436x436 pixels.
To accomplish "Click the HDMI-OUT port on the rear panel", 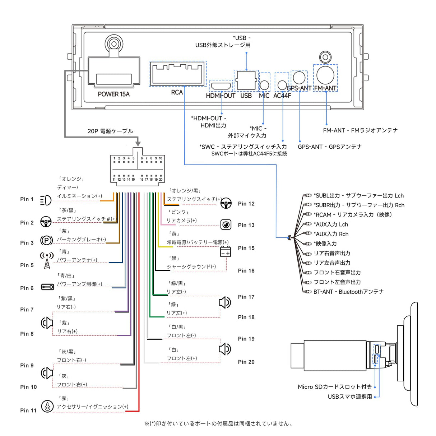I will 221,86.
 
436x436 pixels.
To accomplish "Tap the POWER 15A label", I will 113,94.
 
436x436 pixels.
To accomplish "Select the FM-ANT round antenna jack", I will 325,75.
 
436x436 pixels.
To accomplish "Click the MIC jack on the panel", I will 264,85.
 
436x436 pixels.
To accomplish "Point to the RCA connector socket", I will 178,74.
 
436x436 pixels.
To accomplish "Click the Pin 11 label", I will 28,411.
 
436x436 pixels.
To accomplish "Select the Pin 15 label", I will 246,248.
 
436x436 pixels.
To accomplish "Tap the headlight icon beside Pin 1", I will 46,200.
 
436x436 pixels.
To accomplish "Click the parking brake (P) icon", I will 47,240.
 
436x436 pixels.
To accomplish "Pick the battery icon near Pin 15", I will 226,251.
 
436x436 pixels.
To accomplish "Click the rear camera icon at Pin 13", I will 226,225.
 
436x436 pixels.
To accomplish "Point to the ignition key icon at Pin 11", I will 47,406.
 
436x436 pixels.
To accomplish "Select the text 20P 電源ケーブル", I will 110,131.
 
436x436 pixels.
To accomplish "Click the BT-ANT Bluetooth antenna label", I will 348,292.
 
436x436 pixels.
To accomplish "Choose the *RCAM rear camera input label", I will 352,215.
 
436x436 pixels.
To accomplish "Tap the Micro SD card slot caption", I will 335,387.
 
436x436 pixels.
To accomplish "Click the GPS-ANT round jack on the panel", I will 299,78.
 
